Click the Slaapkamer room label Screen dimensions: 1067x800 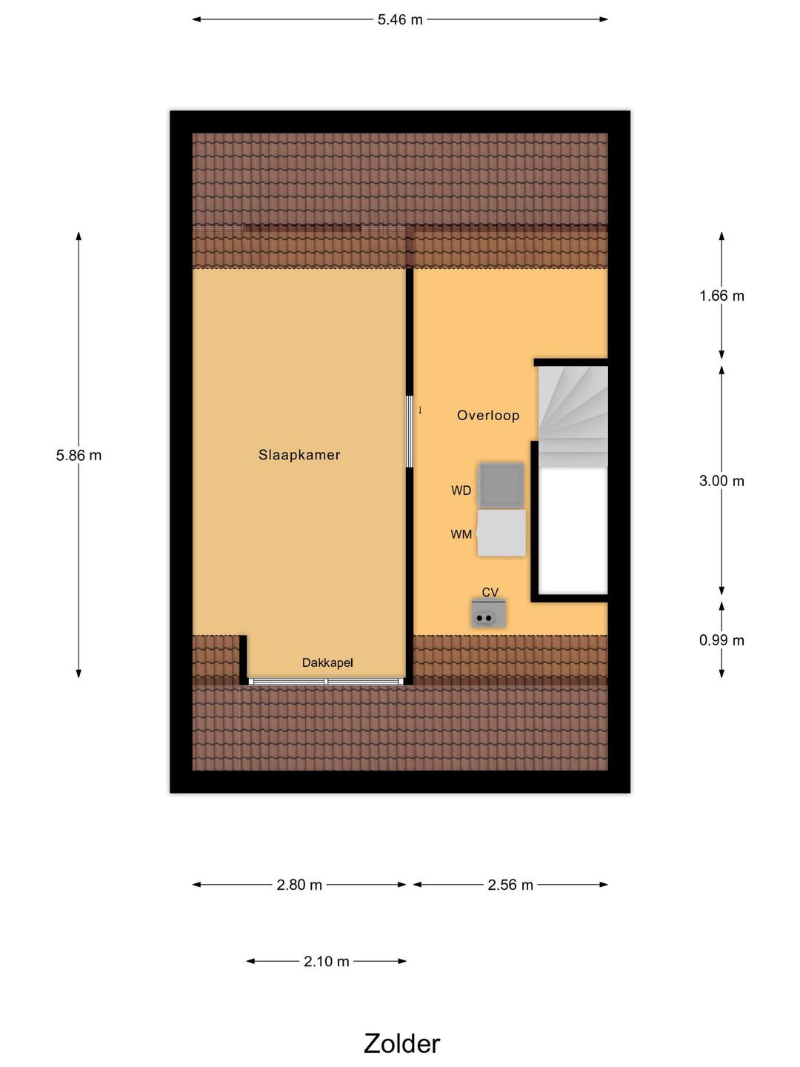299,455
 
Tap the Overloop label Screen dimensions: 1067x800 488,416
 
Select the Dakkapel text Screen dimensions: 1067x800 327,663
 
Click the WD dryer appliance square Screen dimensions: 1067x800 501,485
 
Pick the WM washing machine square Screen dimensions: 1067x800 501,533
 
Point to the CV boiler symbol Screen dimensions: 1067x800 488,615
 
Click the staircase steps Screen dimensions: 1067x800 573,415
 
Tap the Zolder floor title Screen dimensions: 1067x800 401,1043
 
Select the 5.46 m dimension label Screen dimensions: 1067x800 400,20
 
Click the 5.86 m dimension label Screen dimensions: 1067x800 79,456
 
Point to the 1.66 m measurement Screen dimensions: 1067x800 721,296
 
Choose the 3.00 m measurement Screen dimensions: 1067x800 721,481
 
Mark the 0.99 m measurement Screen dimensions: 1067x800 721,640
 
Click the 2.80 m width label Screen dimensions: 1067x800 299,885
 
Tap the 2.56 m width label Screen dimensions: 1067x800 510,885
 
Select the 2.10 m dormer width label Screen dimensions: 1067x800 326,962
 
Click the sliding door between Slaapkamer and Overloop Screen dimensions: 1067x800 409,432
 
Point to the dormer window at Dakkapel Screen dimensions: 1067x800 326,681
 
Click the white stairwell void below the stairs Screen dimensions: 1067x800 573,530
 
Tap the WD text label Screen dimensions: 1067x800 461,491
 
